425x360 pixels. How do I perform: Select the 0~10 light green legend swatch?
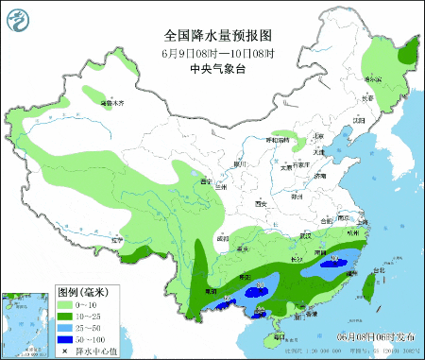pos(65,306)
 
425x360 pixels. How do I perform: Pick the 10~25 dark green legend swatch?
pos(65,317)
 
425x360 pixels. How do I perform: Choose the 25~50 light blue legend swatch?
pos(65,329)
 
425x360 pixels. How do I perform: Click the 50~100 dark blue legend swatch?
pos(65,340)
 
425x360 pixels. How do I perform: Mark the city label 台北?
pos(380,271)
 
